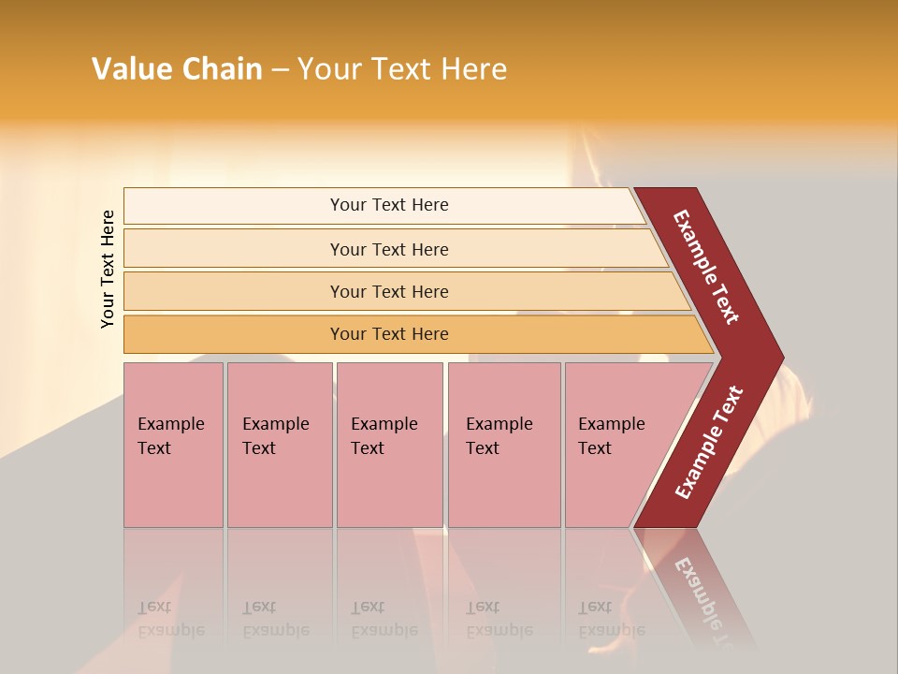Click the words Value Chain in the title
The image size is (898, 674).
click(177, 69)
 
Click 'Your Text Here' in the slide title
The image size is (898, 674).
click(401, 69)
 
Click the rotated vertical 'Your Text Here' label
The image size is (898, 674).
click(108, 269)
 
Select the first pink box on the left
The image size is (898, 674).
click(173, 445)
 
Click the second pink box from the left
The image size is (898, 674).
click(279, 445)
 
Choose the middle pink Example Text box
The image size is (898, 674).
click(389, 445)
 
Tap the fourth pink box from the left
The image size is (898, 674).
click(504, 445)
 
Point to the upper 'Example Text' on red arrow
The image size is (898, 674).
click(706, 267)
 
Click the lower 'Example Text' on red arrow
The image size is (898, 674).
click(709, 443)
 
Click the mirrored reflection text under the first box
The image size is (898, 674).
click(171, 619)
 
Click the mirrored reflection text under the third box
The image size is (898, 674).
click(384, 619)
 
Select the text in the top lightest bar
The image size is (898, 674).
click(389, 205)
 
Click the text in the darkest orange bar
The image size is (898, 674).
click(389, 334)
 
